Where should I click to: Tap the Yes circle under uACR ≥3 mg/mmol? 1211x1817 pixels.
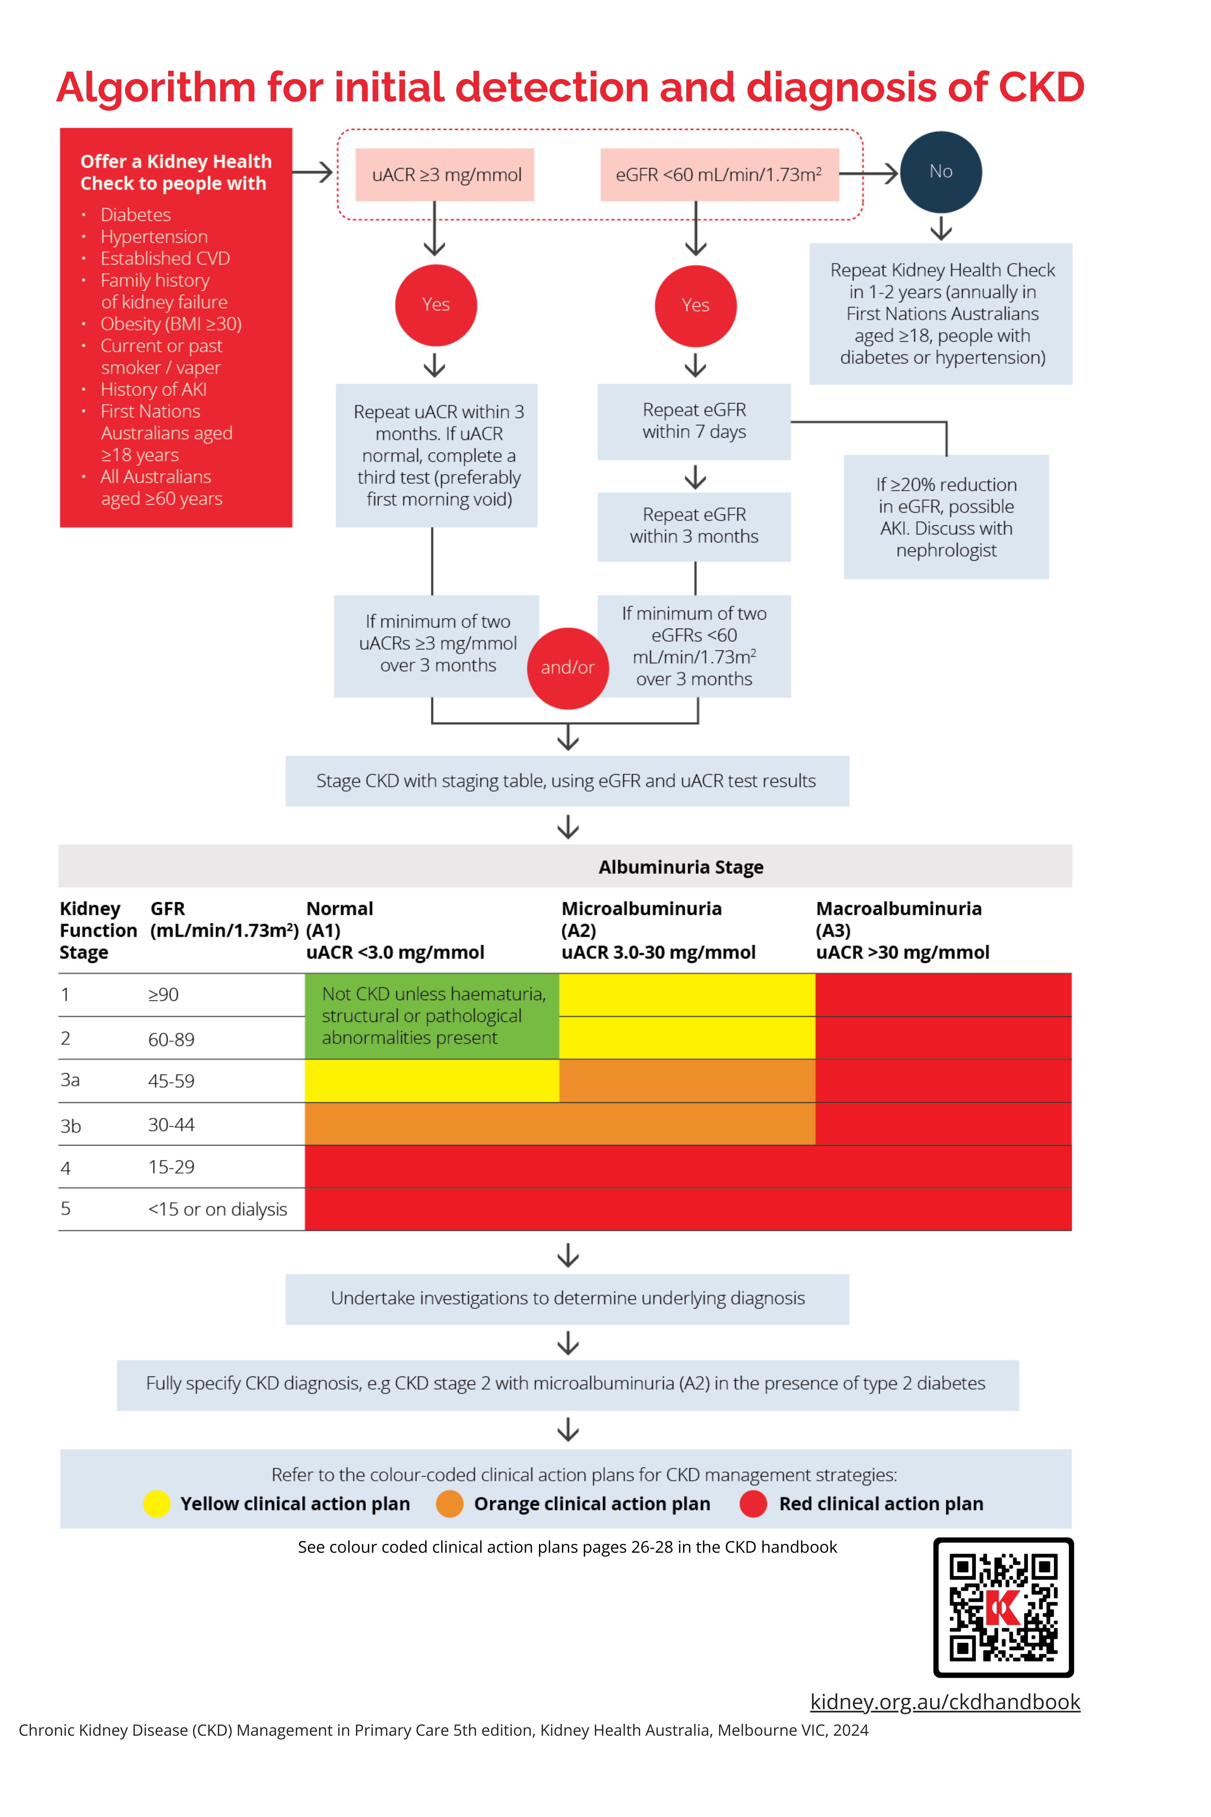pyautogui.click(x=436, y=305)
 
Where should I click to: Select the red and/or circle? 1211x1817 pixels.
pyautogui.click(x=568, y=668)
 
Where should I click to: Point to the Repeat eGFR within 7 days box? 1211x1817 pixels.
pyautogui.click(x=693, y=422)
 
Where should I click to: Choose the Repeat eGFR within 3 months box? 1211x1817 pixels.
pyautogui.click(x=693, y=526)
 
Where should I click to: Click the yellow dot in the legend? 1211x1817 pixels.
pyautogui.click(x=157, y=1503)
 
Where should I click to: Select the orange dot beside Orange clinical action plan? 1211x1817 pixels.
pyautogui.click(x=450, y=1503)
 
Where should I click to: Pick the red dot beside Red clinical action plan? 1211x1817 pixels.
pyautogui.click(x=753, y=1503)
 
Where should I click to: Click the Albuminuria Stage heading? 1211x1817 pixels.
pyautogui.click(x=680, y=867)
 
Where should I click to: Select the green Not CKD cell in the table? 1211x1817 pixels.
pyautogui.click(x=432, y=1015)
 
